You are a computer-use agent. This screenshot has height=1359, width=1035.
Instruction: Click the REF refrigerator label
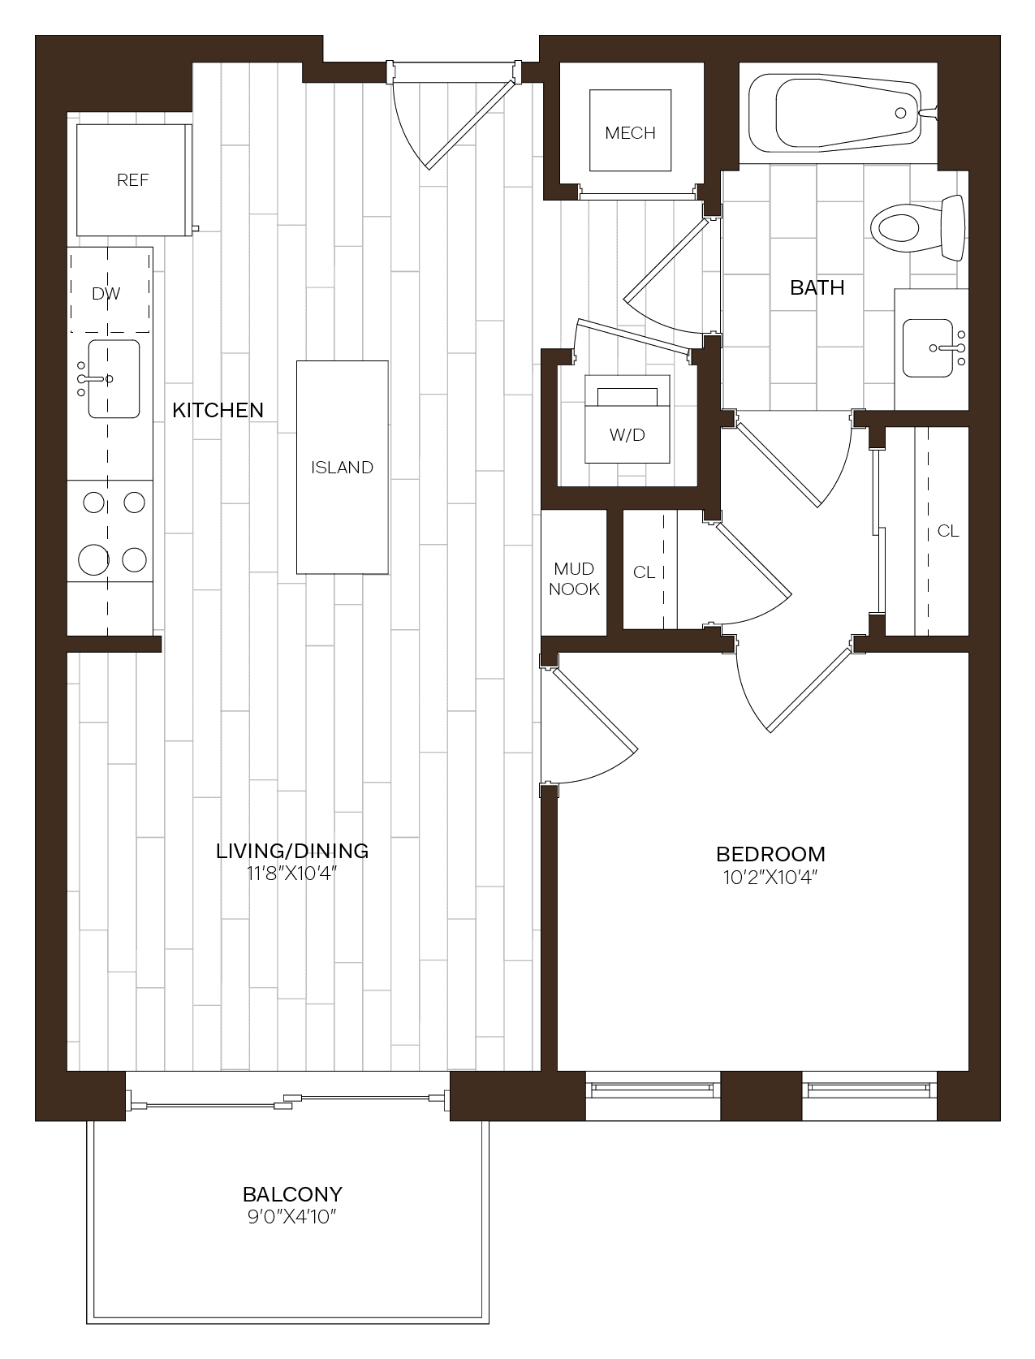tap(132, 180)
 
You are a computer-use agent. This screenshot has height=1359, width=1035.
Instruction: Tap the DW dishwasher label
tap(106, 294)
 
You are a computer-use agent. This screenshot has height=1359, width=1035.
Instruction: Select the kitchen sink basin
tap(114, 379)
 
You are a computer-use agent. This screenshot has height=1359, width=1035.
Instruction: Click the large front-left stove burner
tap(94, 559)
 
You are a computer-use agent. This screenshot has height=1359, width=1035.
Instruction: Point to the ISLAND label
tap(342, 468)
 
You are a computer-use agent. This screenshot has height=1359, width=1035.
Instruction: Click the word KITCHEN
tap(218, 410)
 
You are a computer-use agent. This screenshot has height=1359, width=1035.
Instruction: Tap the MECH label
tap(630, 133)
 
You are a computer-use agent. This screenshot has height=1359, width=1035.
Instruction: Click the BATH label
tap(817, 287)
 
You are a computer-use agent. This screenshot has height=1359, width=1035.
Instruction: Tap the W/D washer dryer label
tap(627, 435)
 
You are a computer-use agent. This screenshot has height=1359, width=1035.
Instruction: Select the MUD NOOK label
tap(574, 579)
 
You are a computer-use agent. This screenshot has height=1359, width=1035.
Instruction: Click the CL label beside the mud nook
tap(644, 572)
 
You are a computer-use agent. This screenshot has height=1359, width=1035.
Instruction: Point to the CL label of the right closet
tap(947, 531)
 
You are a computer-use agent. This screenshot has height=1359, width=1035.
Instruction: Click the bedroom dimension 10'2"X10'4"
tap(770, 878)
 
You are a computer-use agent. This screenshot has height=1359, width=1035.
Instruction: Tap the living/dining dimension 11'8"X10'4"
tap(292, 874)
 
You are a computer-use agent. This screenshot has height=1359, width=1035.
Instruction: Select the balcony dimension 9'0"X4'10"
tap(292, 1217)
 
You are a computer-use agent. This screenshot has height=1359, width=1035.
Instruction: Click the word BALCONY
tap(292, 1194)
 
